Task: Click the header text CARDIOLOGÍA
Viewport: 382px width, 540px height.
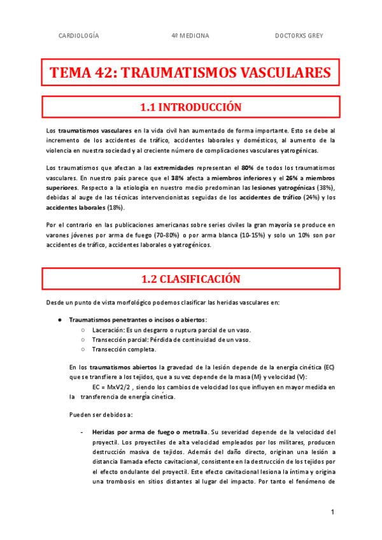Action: coord(78,36)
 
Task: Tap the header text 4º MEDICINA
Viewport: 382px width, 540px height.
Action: coord(190,36)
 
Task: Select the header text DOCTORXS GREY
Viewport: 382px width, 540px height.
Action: coord(299,36)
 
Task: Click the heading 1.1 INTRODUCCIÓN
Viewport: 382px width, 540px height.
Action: coord(190,107)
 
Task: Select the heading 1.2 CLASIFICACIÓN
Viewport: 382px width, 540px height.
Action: coord(190,279)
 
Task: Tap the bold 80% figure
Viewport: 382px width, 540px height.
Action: coord(248,167)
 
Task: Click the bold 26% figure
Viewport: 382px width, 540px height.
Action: coord(294,178)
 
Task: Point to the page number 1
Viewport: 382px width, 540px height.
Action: coord(332,513)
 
